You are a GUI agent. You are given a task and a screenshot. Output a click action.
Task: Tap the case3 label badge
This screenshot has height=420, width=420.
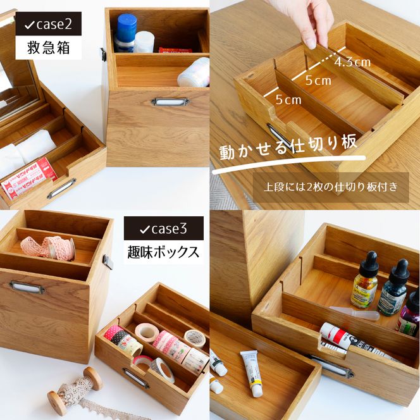click(163, 228)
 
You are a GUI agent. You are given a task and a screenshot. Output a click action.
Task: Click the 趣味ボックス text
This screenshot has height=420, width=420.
click(163, 252)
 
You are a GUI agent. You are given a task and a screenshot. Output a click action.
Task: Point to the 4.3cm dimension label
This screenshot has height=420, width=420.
click(352, 62)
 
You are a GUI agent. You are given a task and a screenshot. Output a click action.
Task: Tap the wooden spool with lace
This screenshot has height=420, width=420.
click(75, 388)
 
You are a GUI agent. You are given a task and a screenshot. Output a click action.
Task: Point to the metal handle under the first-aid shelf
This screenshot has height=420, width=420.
click(170, 101)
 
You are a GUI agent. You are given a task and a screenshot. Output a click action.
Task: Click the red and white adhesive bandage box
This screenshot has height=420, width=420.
click(28, 177)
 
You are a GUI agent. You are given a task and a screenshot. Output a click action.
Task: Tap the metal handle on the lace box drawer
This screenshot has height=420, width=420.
click(27, 288)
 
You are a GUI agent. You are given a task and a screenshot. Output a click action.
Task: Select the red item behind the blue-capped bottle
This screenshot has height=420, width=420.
click(175, 49)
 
